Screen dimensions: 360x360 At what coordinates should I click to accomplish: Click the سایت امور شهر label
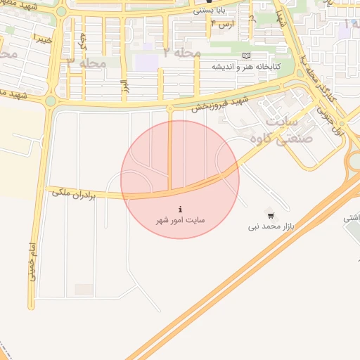coord(181,220)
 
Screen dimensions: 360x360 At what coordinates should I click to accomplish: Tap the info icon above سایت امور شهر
coord(181,210)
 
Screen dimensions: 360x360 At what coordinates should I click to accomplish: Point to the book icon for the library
coord(245,56)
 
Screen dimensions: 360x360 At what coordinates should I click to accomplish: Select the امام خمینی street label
coord(31,264)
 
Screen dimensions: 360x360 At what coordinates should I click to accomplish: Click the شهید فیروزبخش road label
coord(218,103)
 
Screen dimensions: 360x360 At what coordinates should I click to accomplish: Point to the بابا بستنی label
coord(210,11)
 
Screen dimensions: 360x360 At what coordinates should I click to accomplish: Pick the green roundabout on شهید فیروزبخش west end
coord(51,101)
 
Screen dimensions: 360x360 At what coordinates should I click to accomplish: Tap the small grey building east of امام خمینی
coord(84,289)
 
